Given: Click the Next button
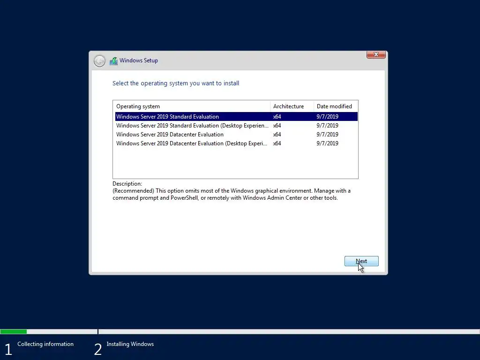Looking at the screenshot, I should (x=361, y=261).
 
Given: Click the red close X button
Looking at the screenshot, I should (x=376, y=55).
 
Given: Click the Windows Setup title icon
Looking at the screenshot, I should (x=113, y=60).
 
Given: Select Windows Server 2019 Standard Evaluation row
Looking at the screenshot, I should (x=167, y=117).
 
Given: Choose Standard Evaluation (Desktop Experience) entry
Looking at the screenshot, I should (x=192, y=126).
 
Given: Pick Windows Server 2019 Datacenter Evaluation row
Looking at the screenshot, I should (x=170, y=135).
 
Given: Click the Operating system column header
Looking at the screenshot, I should (x=138, y=106).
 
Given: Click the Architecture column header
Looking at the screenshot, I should (x=288, y=106).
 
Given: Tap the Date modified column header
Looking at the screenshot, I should (x=334, y=106).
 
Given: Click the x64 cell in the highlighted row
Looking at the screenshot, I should (x=277, y=117).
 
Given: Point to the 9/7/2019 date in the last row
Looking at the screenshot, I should (x=327, y=143).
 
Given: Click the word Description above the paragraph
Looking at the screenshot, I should (x=127, y=184).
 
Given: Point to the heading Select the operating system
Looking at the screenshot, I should (x=176, y=83).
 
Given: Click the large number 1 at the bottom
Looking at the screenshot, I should (x=8, y=349).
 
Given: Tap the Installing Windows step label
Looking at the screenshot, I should (x=130, y=344).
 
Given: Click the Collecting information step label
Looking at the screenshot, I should (x=45, y=344).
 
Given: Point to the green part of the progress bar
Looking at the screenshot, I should (x=13, y=331).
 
